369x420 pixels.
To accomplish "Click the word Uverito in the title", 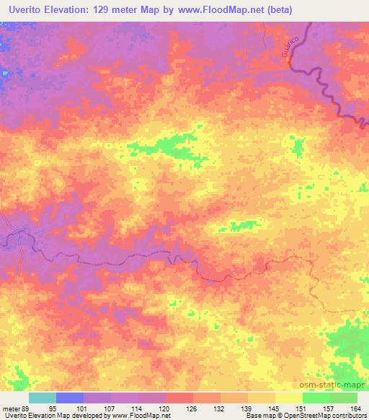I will click(27, 9).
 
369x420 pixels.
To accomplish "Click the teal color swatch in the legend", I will click(43, 398).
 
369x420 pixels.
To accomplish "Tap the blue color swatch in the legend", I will click(70, 398).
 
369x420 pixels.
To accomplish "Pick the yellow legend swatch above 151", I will click(289, 398).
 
